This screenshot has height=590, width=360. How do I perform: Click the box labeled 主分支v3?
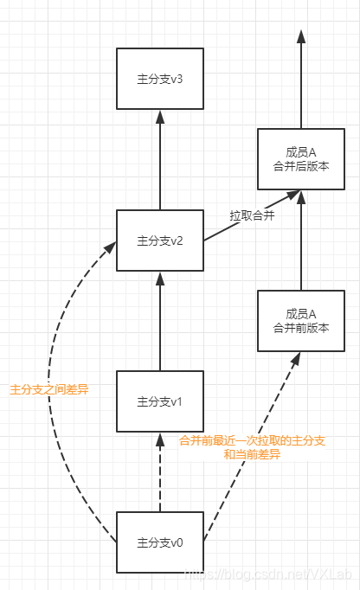(159, 79)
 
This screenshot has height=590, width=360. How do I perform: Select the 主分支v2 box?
(159, 240)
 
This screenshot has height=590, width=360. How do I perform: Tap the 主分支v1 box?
(159, 401)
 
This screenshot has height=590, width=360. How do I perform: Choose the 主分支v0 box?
(159, 542)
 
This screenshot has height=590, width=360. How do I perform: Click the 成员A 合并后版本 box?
(300, 158)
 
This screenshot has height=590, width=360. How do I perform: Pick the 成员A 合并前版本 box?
(300, 320)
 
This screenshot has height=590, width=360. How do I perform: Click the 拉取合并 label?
(252, 215)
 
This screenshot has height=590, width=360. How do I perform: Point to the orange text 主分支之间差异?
(48, 390)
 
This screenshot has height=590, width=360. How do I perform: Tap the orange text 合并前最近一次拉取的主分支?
(252, 441)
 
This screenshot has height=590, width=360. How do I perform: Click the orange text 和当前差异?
(252, 455)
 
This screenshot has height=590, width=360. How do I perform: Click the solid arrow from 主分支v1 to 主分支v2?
(159, 320)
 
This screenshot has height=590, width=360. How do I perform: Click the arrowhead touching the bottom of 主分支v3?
(159, 115)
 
